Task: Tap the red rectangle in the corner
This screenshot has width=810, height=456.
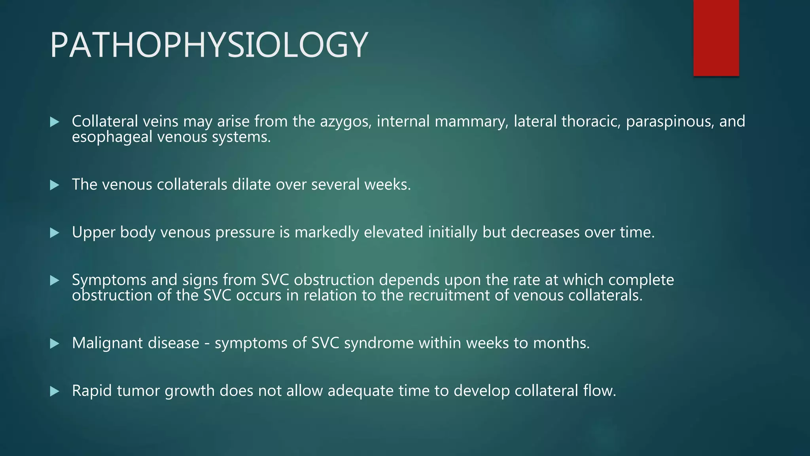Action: click(716, 38)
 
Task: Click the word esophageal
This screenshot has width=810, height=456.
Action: click(112, 137)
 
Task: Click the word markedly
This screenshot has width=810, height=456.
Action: click(326, 232)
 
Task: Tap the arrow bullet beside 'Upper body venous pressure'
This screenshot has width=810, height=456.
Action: click(55, 233)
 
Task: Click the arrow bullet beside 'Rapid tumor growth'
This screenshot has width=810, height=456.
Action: click(55, 391)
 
